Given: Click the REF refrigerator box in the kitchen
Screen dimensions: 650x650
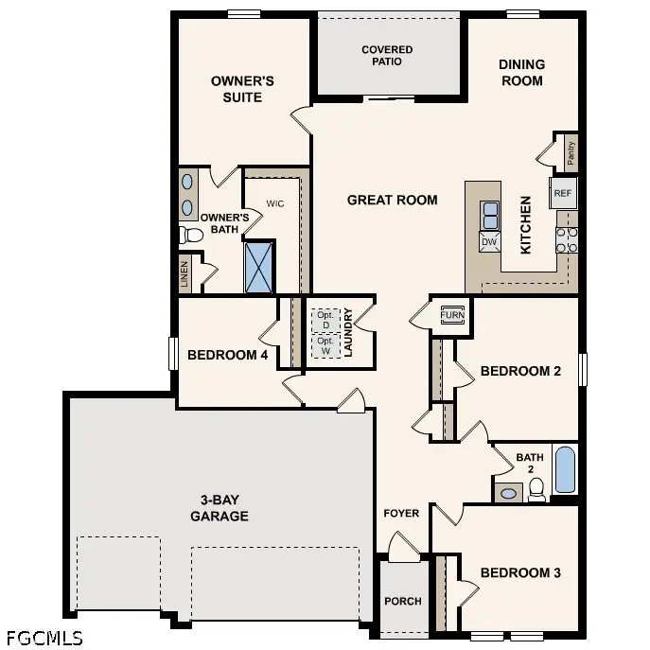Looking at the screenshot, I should tap(563, 193).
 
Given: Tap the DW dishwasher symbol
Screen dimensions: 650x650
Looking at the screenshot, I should tap(489, 242).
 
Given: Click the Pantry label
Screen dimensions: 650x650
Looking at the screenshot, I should tap(571, 150).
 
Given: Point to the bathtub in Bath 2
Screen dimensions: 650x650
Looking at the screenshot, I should tap(565, 470).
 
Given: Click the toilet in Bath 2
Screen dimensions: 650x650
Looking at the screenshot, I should tap(536, 488).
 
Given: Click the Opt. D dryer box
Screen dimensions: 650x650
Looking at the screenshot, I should tap(325, 319).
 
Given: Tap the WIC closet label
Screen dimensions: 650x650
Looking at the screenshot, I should tap(275, 203).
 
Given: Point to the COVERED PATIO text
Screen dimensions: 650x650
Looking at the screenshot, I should tap(387, 56).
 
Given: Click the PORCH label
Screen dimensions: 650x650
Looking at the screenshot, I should tap(403, 601).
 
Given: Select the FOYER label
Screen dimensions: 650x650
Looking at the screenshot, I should tap(401, 514).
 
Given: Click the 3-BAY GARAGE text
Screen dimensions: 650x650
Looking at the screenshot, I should tap(219, 509).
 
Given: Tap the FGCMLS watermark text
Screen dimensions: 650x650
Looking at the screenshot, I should tap(44, 637).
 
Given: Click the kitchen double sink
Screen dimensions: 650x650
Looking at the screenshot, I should tap(490, 216).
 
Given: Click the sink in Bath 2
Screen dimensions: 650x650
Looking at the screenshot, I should tap(508, 492).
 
